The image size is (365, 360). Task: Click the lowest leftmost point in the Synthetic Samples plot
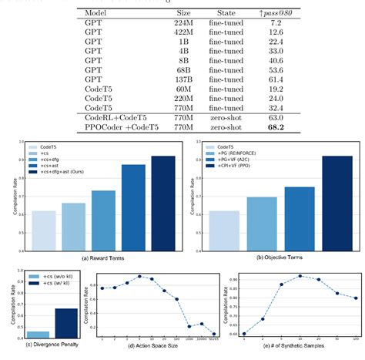point(245,333)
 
